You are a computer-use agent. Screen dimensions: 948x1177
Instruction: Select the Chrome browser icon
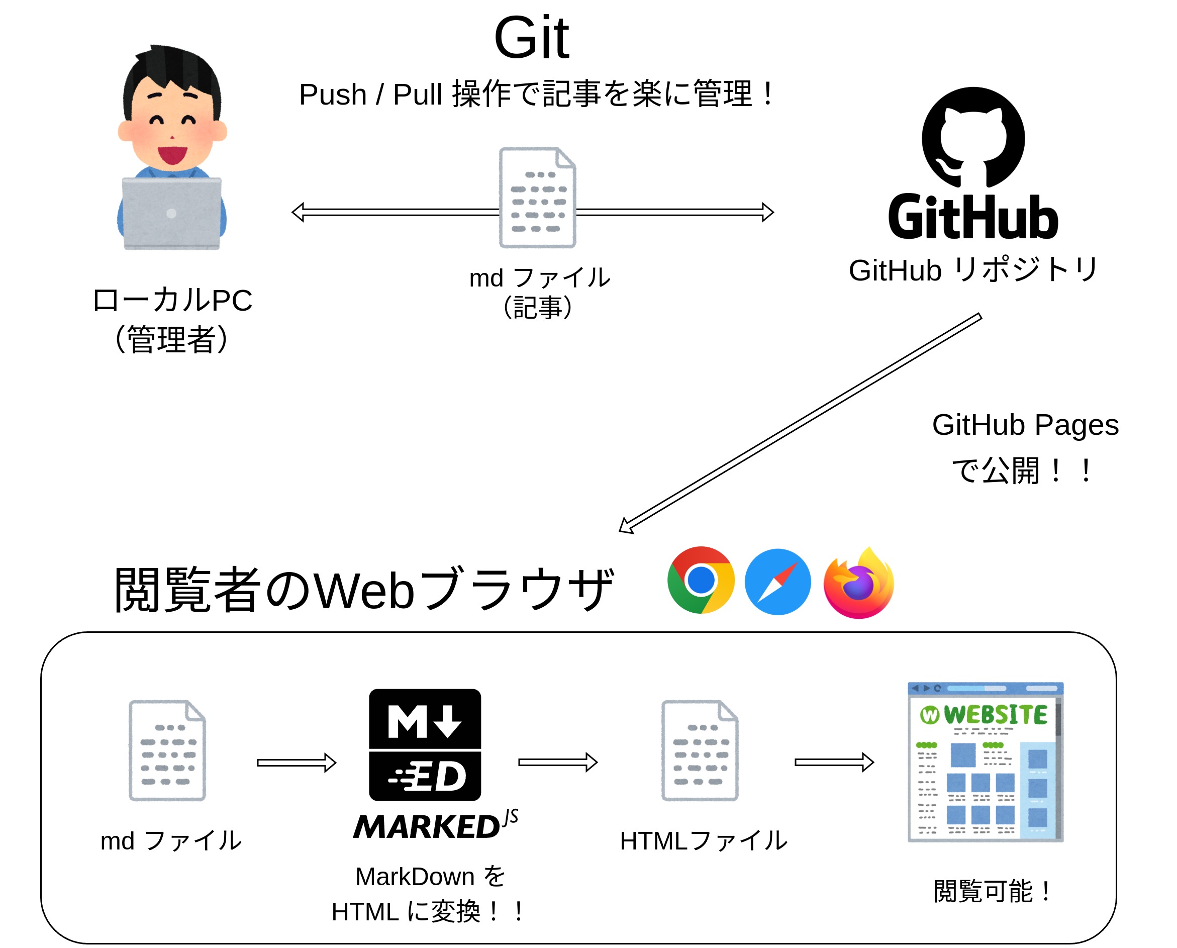[701, 580]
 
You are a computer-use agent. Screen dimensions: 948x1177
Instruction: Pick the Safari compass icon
[777, 582]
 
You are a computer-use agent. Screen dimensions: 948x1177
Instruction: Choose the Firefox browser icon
[858, 583]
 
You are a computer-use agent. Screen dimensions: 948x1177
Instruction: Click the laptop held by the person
[171, 213]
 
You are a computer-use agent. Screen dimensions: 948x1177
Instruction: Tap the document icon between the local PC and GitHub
[537, 198]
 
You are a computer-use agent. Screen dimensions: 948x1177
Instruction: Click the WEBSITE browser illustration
[985, 762]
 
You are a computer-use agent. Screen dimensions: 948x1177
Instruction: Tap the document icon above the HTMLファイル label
[700, 750]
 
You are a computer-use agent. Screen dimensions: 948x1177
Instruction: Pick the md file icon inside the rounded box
[167, 750]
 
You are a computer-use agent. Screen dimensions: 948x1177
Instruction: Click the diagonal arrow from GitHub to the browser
[800, 423]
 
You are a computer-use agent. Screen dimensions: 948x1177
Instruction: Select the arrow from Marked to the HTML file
[557, 762]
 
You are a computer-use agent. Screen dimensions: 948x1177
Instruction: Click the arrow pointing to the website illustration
[834, 762]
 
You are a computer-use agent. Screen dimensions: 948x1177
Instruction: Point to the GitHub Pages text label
[1025, 425]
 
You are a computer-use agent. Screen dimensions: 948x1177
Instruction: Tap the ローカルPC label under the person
[172, 301]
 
